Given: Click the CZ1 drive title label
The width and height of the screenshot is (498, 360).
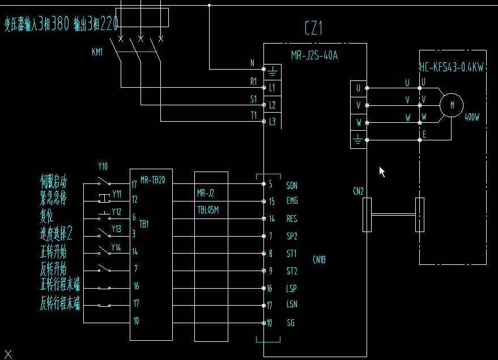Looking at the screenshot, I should click(x=313, y=28).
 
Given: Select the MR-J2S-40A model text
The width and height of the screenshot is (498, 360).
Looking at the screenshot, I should click(x=314, y=55).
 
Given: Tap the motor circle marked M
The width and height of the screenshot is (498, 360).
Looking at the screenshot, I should click(x=452, y=105).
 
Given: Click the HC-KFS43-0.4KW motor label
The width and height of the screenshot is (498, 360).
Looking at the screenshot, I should click(x=452, y=68).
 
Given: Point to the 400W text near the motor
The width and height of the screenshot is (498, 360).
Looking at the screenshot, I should click(x=472, y=118).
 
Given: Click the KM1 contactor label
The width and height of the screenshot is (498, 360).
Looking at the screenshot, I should click(x=97, y=52).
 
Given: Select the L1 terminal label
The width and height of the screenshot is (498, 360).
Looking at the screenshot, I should click(x=272, y=88).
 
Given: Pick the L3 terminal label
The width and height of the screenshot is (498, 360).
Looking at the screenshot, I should click(x=272, y=121).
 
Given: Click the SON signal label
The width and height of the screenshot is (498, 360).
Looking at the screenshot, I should click(x=292, y=185).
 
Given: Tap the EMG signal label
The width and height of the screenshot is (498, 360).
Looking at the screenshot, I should click(x=292, y=201).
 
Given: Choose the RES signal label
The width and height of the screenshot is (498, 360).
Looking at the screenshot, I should click(x=292, y=218).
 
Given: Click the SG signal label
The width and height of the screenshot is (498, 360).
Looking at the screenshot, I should click(x=291, y=323).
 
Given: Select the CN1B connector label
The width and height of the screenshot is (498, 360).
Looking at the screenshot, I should click(x=319, y=260).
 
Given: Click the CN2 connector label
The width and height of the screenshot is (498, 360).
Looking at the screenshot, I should click(x=358, y=191).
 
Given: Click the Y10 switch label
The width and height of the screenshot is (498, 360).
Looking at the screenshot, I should click(x=103, y=166).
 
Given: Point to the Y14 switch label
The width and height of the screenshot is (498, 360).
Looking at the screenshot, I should click(x=116, y=247).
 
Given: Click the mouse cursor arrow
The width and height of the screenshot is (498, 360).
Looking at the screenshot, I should click(x=382, y=171).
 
